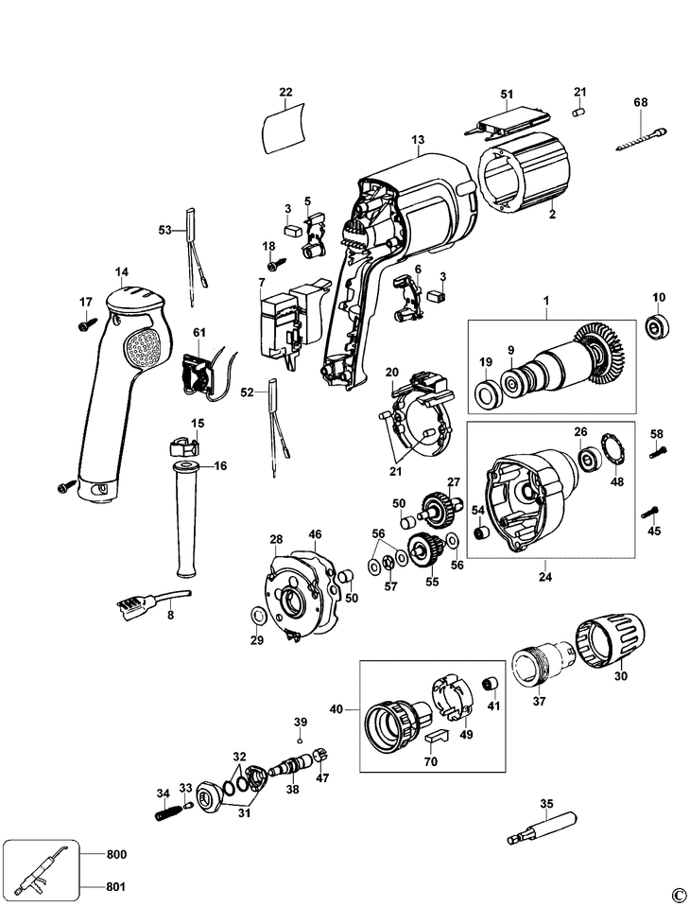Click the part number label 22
click(x=285, y=92)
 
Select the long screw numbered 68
click(x=642, y=139)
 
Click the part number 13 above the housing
click(x=418, y=139)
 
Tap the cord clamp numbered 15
click(x=183, y=446)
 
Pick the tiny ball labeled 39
click(x=300, y=740)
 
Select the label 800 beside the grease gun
click(x=116, y=854)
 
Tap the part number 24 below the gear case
click(x=545, y=576)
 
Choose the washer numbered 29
click(x=257, y=615)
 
